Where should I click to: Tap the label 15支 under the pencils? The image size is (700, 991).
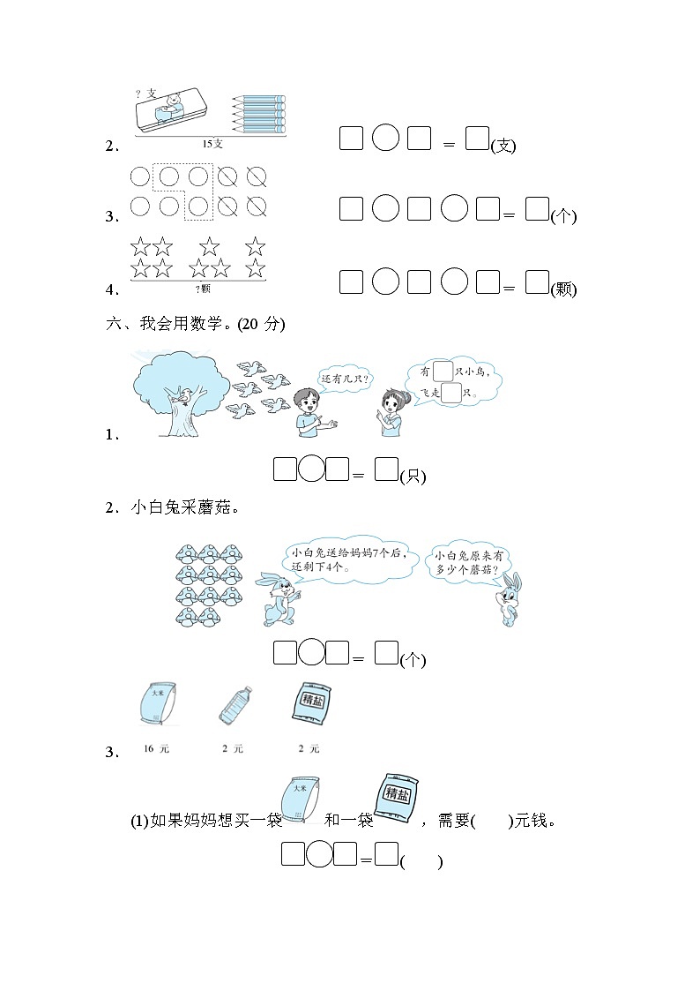[212, 144]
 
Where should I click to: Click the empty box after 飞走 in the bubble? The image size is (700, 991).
[451, 393]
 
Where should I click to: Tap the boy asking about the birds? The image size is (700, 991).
[309, 410]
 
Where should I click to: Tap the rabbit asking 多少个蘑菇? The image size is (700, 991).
[509, 598]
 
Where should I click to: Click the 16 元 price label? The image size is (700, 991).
[155, 748]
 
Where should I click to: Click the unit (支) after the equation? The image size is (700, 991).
[503, 146]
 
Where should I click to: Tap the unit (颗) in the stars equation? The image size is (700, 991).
[563, 289]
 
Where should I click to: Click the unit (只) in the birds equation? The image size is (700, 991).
[413, 477]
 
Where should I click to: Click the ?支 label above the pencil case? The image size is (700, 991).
[145, 94]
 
